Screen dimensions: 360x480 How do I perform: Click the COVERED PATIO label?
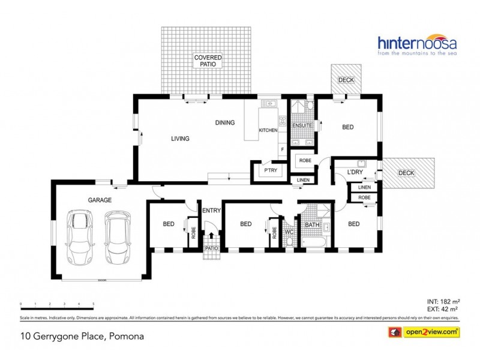tap(207, 61)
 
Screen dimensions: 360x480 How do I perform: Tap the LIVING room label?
tap(180, 139)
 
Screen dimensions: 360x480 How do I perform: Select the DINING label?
tap(225, 123)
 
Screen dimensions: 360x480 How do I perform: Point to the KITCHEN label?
tap(268, 130)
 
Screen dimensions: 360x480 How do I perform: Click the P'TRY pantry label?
tap(268, 171)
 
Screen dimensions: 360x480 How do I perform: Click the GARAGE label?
tap(100, 200)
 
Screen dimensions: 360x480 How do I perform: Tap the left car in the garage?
tap(80, 236)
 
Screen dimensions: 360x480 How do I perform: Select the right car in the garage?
tap(117, 236)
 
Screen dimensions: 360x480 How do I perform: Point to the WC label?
tap(289, 231)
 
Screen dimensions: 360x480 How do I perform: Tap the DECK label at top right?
tap(346, 80)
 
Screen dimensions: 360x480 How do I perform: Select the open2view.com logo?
tap(425, 331)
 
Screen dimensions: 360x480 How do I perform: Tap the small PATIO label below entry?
tap(211, 247)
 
